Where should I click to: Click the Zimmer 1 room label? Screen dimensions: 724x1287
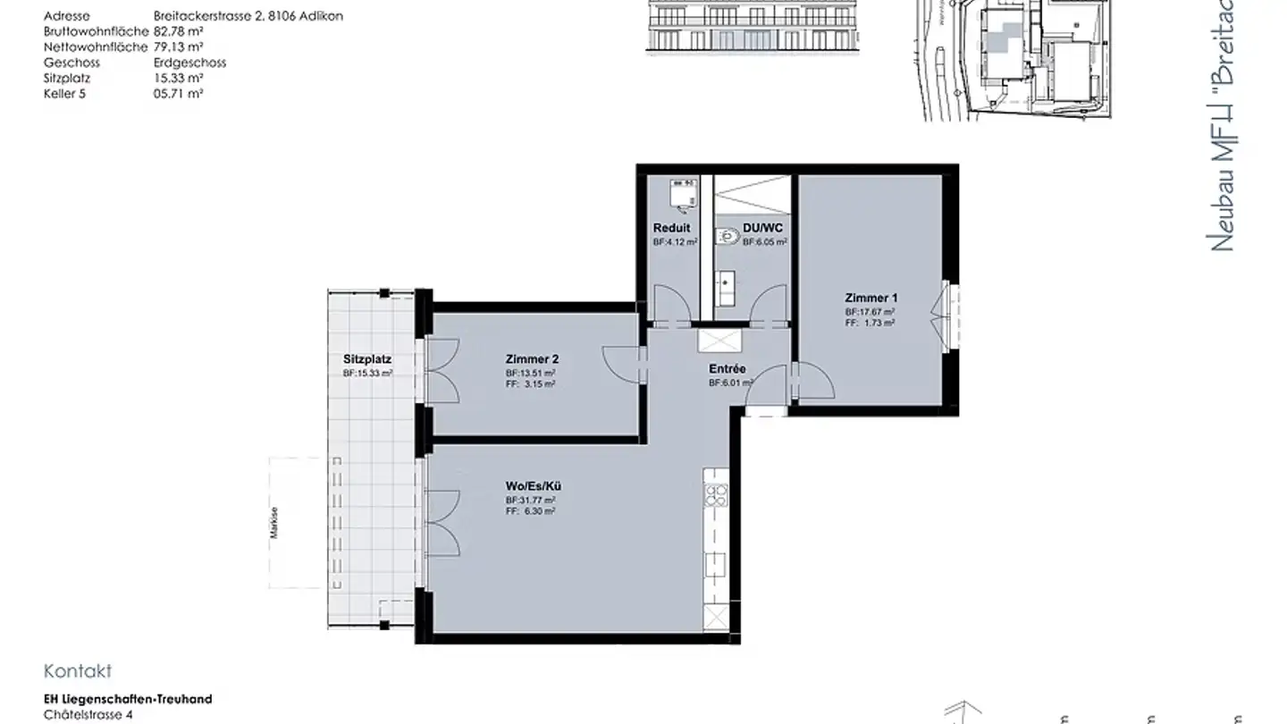pyautogui.click(x=871, y=298)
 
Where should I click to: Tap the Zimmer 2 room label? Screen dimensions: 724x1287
pyautogui.click(x=531, y=358)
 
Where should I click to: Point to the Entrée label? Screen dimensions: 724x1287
pyautogui.click(x=728, y=368)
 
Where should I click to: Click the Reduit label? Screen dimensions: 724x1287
pyautogui.click(x=671, y=228)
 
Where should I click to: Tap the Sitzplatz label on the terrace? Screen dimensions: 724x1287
pyautogui.click(x=367, y=359)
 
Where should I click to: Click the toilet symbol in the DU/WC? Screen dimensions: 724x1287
pyautogui.click(x=727, y=238)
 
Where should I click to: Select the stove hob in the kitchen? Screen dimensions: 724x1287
pyautogui.click(x=716, y=495)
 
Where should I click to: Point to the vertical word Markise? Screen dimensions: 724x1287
pyautogui.click(x=276, y=520)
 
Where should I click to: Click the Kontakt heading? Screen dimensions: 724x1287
pyautogui.click(x=78, y=671)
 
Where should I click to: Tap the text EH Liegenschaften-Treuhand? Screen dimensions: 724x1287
pyautogui.click(x=128, y=699)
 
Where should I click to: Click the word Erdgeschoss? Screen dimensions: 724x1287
pyautogui.click(x=189, y=63)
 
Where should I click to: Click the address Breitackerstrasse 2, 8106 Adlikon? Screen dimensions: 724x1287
pyautogui.click(x=248, y=16)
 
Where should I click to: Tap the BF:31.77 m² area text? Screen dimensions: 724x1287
pyautogui.click(x=531, y=500)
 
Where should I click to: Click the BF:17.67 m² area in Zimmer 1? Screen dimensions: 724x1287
pyautogui.click(x=871, y=312)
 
